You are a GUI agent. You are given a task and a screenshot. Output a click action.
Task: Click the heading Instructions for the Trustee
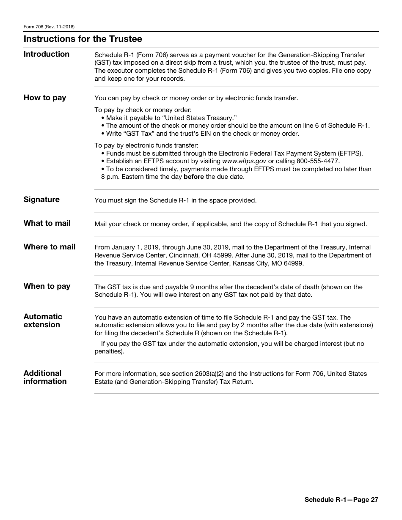point(83,39)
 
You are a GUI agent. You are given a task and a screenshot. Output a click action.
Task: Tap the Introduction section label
point(47,54)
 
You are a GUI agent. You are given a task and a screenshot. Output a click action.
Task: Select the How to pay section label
point(45,98)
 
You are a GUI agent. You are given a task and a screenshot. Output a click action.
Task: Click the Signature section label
point(41,200)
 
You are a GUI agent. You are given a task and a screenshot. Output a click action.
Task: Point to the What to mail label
point(47,223)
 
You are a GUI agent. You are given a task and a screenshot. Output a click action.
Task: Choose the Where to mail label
point(50,247)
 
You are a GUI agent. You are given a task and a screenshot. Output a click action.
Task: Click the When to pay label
point(47,286)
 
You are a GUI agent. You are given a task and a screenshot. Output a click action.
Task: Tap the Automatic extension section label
point(43,320)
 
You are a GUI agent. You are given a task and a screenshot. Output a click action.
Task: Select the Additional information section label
point(45,377)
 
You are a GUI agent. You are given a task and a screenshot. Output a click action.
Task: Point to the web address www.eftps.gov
point(244,161)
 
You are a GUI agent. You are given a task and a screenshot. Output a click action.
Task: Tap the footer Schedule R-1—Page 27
point(341,500)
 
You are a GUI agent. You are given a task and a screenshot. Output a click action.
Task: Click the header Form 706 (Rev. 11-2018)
point(49,27)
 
